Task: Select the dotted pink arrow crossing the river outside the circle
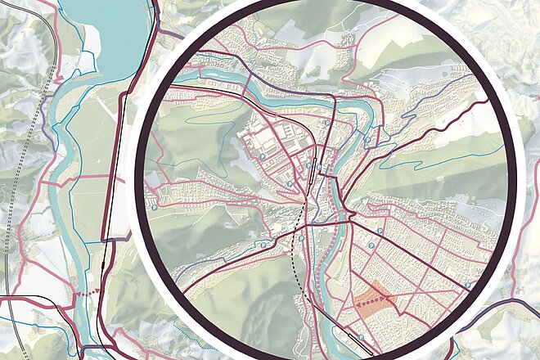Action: coord(86,291)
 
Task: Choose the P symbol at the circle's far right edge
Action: coord(467,286)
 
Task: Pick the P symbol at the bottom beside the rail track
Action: coord(360,335)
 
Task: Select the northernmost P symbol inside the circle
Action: coord(326,123)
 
